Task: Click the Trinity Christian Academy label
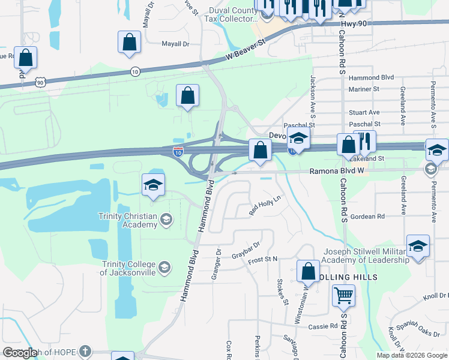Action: (x=129, y=220)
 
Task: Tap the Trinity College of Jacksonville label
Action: (x=128, y=268)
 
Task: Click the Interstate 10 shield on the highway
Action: (x=178, y=152)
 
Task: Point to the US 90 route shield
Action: (x=40, y=82)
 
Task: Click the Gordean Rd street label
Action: (x=367, y=216)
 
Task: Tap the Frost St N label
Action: (x=263, y=259)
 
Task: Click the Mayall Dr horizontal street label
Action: (x=175, y=44)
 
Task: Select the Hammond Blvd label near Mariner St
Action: (x=371, y=77)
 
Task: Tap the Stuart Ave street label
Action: (x=364, y=112)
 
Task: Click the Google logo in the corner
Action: (x=19, y=353)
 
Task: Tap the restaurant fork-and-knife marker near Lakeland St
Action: (x=364, y=142)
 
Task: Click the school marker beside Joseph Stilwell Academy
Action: (x=418, y=246)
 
